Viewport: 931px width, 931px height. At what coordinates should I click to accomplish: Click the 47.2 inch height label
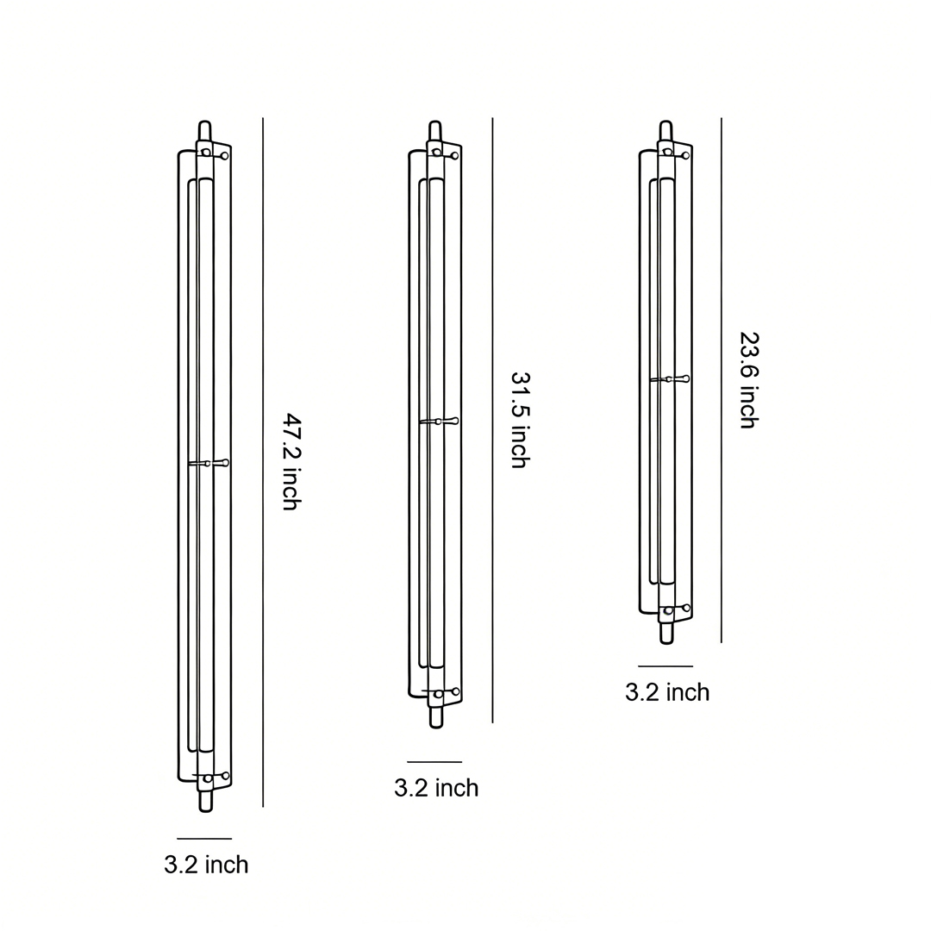pos(291,462)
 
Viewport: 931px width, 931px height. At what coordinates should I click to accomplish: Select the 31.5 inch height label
pos(519,420)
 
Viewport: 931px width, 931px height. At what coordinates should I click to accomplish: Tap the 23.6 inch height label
pos(748,380)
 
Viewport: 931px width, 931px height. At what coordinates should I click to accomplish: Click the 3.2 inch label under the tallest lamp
pos(206,865)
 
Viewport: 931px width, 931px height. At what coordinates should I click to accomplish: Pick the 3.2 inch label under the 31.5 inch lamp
pos(435,788)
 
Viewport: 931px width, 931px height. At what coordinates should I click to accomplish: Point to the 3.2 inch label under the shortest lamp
pos(666,692)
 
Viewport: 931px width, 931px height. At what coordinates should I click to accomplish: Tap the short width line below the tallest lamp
pos(204,838)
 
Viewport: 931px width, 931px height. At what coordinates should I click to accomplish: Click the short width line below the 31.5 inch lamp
pos(434,762)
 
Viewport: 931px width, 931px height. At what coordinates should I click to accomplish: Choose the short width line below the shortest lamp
pos(665,666)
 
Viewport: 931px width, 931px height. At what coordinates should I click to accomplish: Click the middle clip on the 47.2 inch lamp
pos(209,464)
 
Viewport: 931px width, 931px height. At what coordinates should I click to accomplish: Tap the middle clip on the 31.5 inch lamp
pos(440,421)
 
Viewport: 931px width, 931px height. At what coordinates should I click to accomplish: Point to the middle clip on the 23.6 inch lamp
pos(670,378)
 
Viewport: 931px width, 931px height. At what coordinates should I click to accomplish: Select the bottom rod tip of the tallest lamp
pos(206,803)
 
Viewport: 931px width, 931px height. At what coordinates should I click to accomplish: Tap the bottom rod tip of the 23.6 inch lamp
pos(666,634)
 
